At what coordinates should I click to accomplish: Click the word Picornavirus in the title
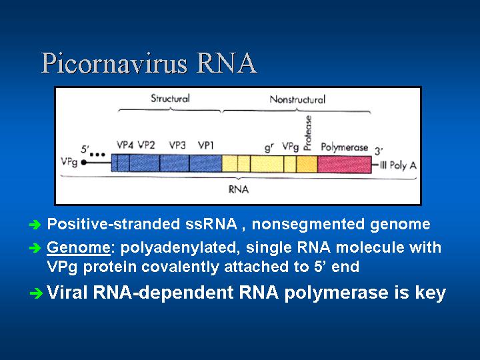pos(114,64)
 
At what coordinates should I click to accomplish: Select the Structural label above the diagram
pos(170,99)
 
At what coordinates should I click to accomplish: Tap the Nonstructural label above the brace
pos(297,99)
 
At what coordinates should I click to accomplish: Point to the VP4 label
pos(125,145)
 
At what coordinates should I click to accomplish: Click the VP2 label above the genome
pos(146,145)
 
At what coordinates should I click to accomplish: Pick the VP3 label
pos(177,145)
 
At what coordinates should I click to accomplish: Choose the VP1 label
pos(205,145)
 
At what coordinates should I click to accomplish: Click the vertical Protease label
pos(307,133)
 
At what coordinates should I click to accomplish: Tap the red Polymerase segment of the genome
pos(345,164)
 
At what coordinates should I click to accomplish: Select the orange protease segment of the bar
pos(307,164)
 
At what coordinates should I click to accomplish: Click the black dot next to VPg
pos(83,163)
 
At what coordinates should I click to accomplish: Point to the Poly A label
pos(403,165)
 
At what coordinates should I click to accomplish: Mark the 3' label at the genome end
pos(379,151)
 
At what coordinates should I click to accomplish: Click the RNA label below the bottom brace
pos(239,189)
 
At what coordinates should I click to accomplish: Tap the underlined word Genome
pos(79,247)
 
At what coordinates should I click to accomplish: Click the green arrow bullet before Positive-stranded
pos(35,225)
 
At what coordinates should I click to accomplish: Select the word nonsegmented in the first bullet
pos(308,225)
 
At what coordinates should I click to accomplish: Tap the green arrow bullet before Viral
pos(36,294)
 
